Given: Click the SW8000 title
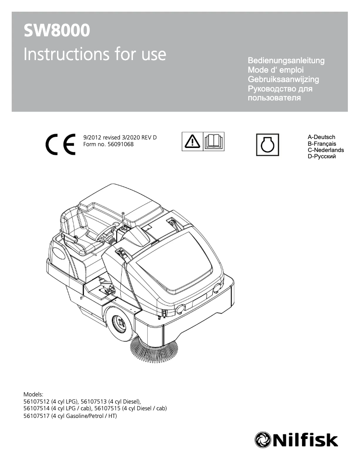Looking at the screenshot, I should [57, 31].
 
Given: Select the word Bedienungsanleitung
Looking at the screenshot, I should [286, 61].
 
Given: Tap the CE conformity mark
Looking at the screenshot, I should [60, 144].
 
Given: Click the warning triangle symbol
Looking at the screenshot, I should [193, 142].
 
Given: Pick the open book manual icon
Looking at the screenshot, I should [214, 142].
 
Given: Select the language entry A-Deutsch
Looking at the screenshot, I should [321, 137].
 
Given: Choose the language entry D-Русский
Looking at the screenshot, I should [322, 156].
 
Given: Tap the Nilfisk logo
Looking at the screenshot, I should [296, 439].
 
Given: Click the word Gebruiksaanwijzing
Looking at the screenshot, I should [283, 79].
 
